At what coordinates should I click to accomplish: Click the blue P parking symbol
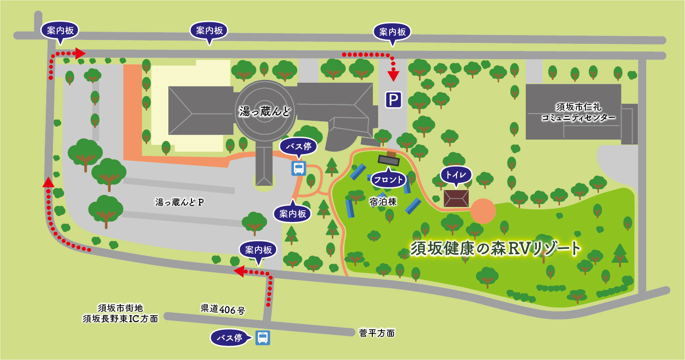[393, 100]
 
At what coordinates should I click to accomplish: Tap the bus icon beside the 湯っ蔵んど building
[299, 168]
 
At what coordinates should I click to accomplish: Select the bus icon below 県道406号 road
[263, 337]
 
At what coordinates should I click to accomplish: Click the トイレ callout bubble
[456, 175]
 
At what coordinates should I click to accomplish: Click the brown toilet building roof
[456, 198]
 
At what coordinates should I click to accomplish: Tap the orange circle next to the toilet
[483, 211]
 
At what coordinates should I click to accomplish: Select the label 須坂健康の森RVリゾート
[496, 248]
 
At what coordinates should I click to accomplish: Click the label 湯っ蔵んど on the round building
[265, 112]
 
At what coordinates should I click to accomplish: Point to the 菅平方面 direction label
[377, 333]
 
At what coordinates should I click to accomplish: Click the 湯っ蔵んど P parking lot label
[179, 202]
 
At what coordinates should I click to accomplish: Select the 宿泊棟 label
[383, 202]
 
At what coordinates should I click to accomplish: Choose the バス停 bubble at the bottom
[229, 337]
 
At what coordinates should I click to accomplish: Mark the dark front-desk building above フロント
[389, 160]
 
